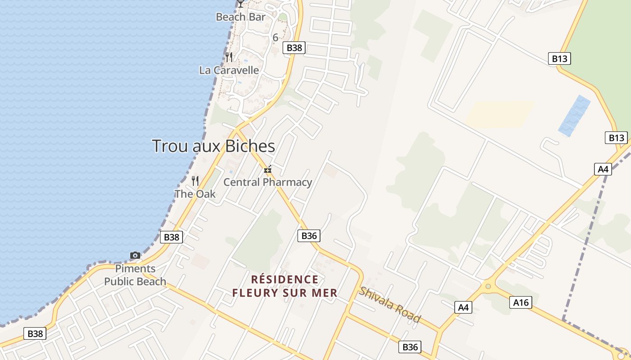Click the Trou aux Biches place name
213,146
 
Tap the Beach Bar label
241,17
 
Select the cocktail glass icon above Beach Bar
241,4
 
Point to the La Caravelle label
229,70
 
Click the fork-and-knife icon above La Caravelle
229,57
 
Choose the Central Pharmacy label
268,182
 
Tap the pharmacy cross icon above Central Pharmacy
268,170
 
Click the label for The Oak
195,194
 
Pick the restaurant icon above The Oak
195,181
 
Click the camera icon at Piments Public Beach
135,255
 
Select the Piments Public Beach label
135,275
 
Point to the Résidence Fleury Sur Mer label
285,286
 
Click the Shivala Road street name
390,305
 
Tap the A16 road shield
521,302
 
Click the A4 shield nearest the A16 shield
463,307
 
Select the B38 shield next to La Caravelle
294,48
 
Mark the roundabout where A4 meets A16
488,286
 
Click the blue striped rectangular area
574,115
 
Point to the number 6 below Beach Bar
275,38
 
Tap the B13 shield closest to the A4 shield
616,138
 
